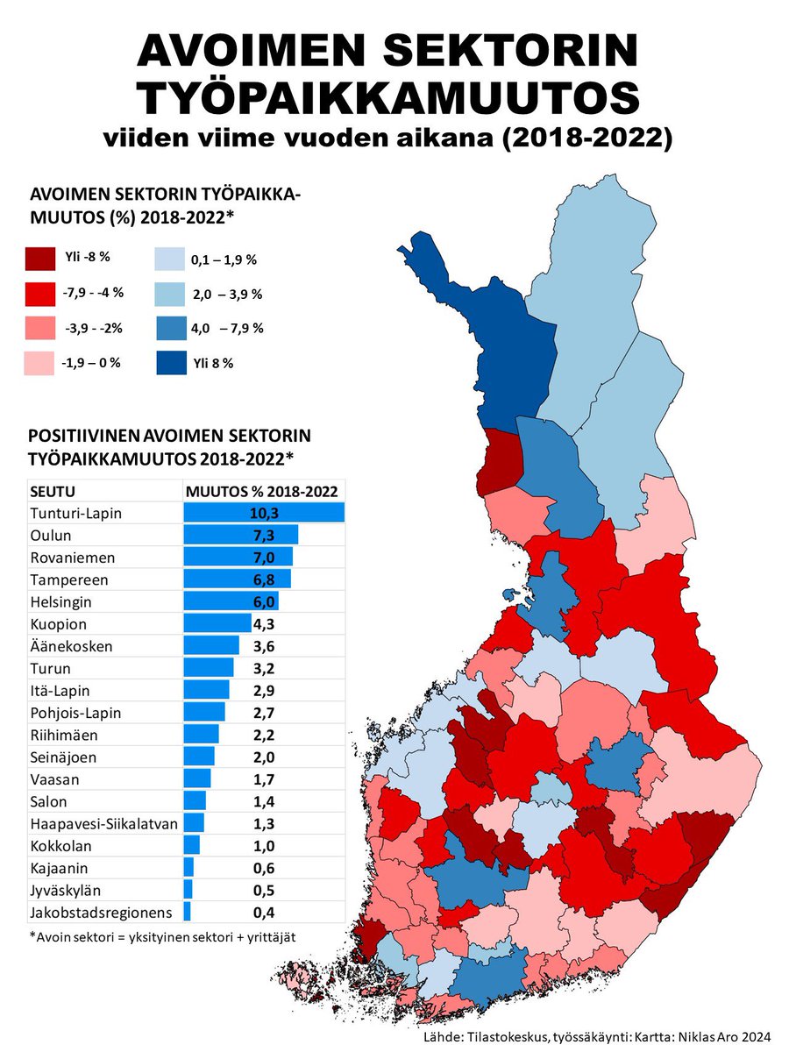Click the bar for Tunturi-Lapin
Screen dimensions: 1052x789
(x=264, y=512)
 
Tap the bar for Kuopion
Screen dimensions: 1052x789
(x=217, y=624)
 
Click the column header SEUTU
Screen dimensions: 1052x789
(x=52, y=491)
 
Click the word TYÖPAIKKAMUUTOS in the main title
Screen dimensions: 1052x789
(x=387, y=98)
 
